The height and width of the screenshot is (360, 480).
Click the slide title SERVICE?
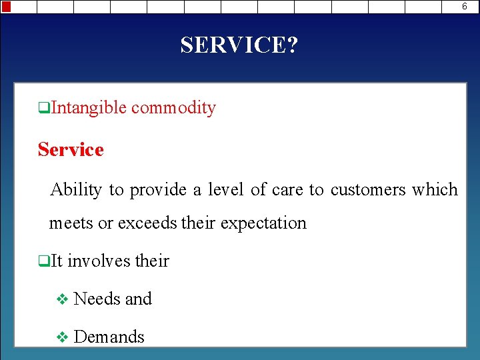click(x=239, y=45)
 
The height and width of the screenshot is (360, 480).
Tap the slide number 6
click(x=465, y=7)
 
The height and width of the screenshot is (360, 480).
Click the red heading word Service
click(x=71, y=149)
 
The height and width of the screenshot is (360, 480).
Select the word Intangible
click(x=88, y=108)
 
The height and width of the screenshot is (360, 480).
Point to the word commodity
click(x=173, y=108)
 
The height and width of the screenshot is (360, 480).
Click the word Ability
click(x=75, y=190)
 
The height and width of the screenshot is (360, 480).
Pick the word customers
click(x=367, y=190)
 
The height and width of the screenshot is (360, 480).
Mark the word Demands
click(x=109, y=337)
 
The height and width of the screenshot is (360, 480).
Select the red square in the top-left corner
click(x=5, y=7)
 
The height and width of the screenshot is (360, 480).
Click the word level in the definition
click(x=225, y=190)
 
